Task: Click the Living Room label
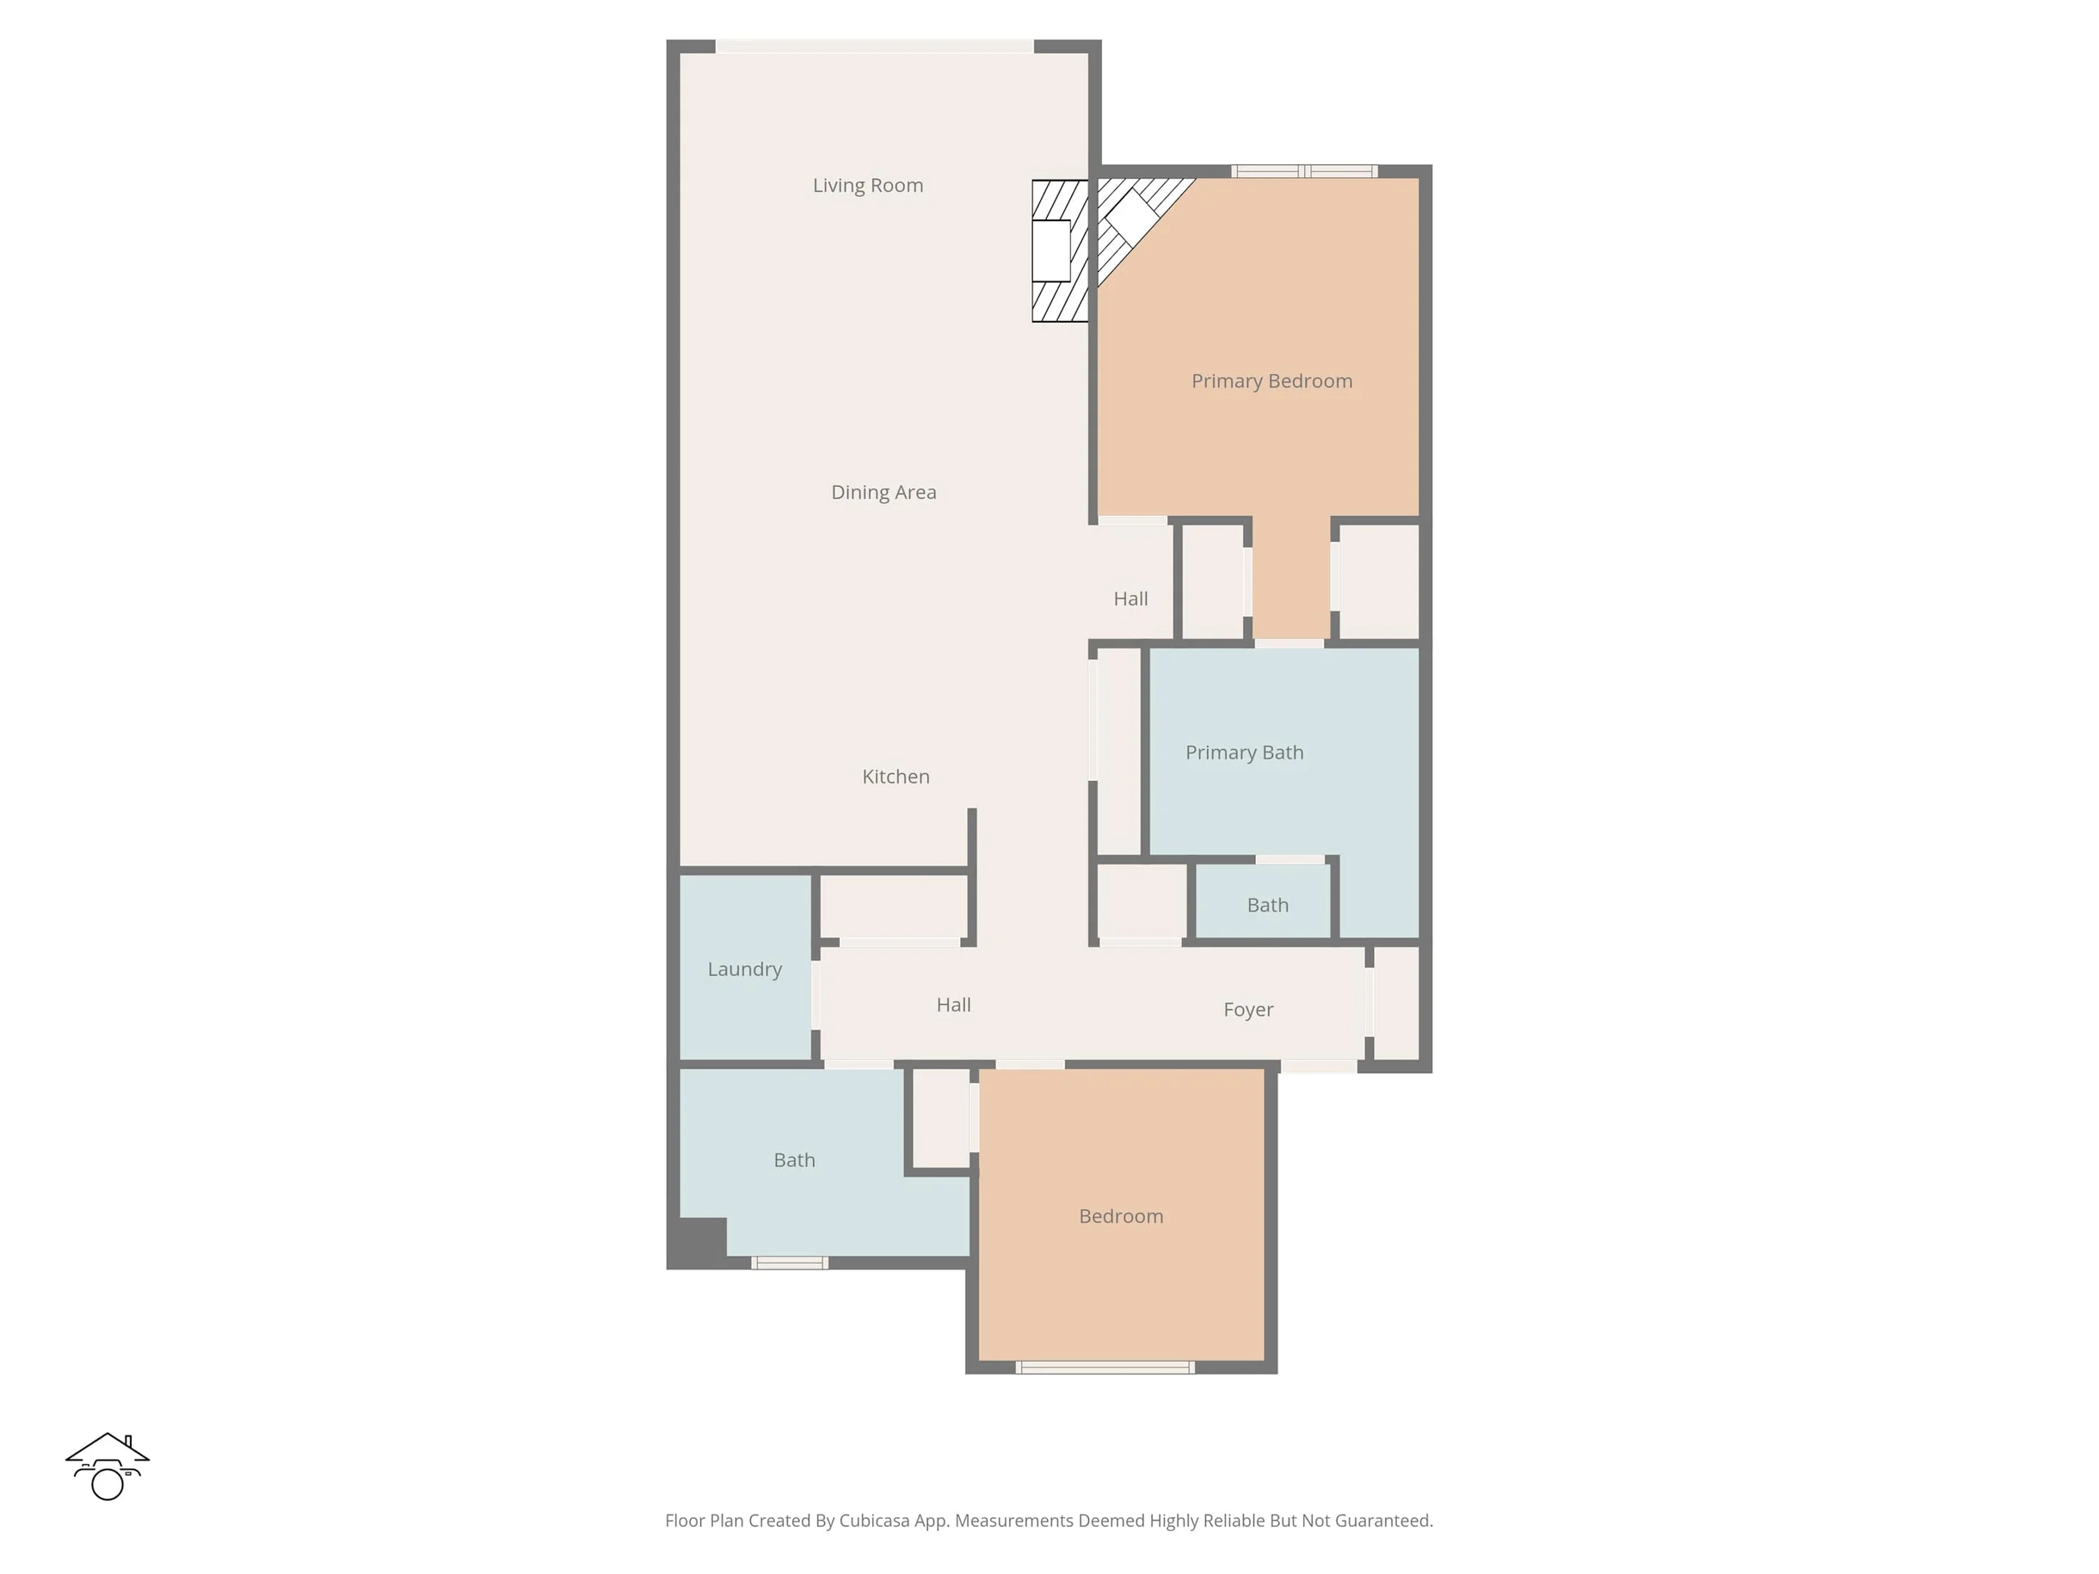pos(867,186)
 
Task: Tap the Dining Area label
pos(883,492)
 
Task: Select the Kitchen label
pos(896,776)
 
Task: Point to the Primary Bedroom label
pos(1271,381)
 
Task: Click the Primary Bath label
pos(1244,753)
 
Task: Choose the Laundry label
pos(745,969)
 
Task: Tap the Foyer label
pos(1248,1010)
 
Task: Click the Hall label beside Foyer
pos(954,1005)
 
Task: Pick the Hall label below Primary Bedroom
pos(1130,599)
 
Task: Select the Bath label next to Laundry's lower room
pos(794,1160)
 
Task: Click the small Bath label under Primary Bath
pos(1268,905)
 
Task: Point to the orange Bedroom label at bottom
pos(1121,1216)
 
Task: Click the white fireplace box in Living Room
pos(1051,250)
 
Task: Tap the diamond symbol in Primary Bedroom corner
pos(1129,214)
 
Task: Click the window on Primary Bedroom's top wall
pos(1305,172)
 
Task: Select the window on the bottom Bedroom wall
pos(1105,1368)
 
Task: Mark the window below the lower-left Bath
pos(790,1263)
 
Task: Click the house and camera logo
pos(108,1466)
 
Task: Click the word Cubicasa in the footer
pos(874,1521)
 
